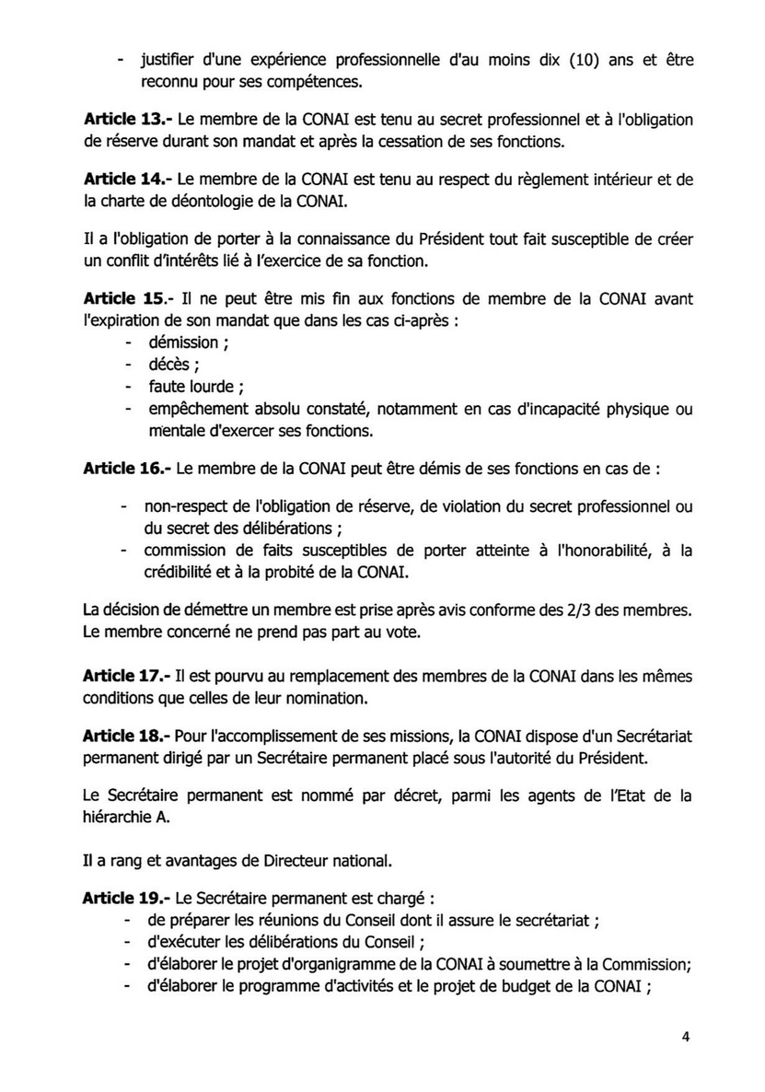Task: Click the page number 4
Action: [x=686, y=1036]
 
